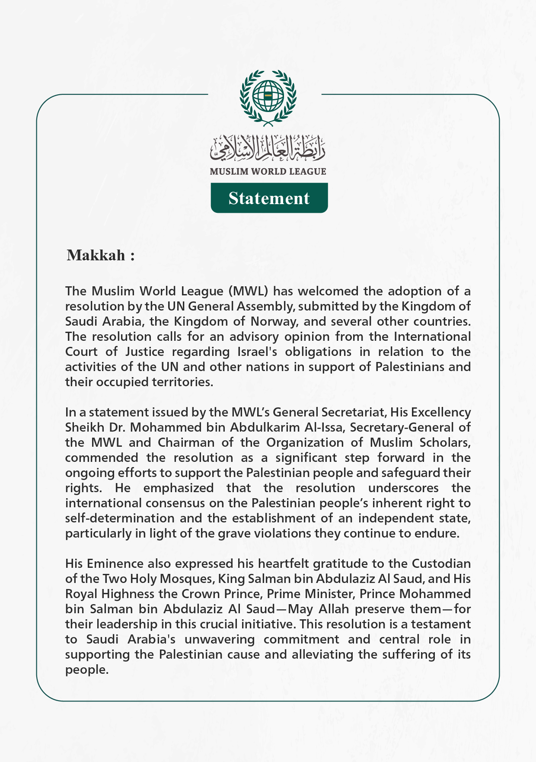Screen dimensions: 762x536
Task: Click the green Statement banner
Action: pyautogui.click(x=269, y=198)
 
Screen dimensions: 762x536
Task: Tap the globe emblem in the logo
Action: pyautogui.click(x=268, y=95)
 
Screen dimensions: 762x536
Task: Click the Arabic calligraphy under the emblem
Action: pyautogui.click(x=268, y=147)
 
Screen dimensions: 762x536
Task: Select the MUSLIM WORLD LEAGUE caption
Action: pyautogui.click(x=268, y=172)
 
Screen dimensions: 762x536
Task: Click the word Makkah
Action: pyautogui.click(x=96, y=255)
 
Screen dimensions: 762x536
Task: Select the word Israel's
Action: pyautogui.click(x=258, y=352)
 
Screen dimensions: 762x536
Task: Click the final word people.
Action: pyautogui.click(x=86, y=670)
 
